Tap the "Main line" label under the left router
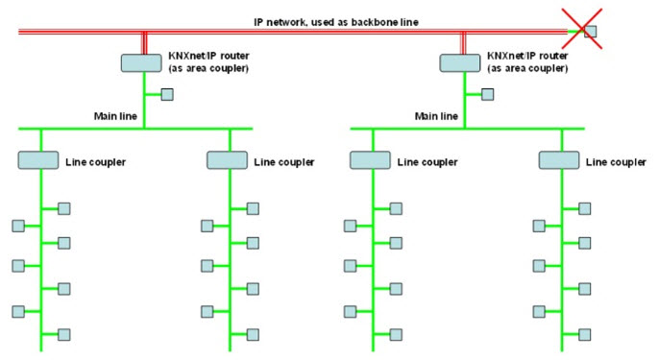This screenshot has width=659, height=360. (116, 117)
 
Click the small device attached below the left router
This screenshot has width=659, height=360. (167, 94)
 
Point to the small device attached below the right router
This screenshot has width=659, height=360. (488, 94)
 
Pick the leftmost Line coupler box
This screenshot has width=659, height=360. (39, 160)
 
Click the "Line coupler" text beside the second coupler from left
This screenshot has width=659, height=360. (284, 161)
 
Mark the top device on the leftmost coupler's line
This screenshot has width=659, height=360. (64, 208)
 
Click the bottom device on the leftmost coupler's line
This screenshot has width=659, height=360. (64, 334)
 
